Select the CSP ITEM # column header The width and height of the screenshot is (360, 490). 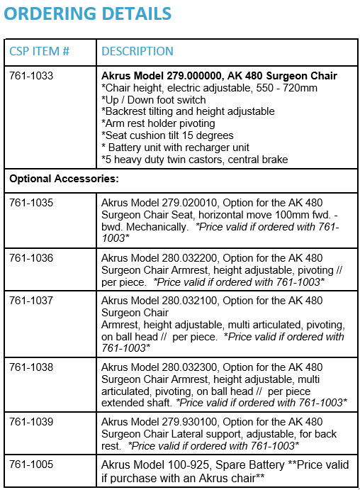click(x=39, y=51)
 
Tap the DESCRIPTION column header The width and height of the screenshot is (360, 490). click(x=137, y=51)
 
